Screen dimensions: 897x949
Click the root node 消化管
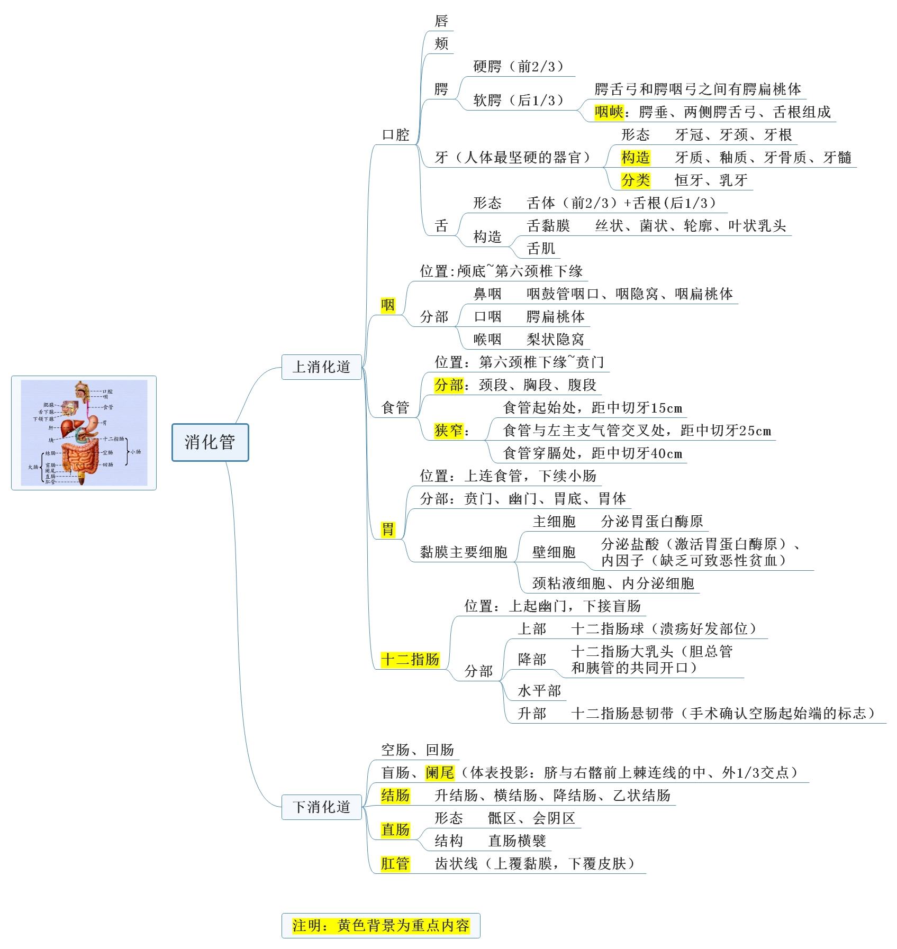click(x=210, y=442)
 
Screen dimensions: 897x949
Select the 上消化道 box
click(x=321, y=367)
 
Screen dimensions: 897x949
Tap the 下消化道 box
click(x=321, y=807)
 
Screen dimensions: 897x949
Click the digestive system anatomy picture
click(x=84, y=433)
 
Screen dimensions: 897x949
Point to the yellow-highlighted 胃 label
click(x=388, y=529)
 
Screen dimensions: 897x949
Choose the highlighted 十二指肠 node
click(x=410, y=660)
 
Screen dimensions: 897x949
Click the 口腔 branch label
click(x=396, y=135)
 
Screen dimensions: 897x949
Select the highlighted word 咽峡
click(x=609, y=112)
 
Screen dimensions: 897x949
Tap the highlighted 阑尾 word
click(x=440, y=773)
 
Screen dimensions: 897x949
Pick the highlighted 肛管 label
click(x=395, y=864)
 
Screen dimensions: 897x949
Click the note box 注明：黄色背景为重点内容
click(x=380, y=926)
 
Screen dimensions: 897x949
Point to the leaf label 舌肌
click(x=541, y=249)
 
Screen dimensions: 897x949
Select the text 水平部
click(x=539, y=691)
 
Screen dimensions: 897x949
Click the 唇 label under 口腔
click(x=441, y=21)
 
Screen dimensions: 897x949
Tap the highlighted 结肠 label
click(x=395, y=796)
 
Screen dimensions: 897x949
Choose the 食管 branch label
click(x=395, y=407)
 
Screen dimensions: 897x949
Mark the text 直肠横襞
click(x=517, y=841)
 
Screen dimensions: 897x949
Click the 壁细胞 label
click(x=554, y=552)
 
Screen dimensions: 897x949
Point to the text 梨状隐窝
click(x=555, y=339)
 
